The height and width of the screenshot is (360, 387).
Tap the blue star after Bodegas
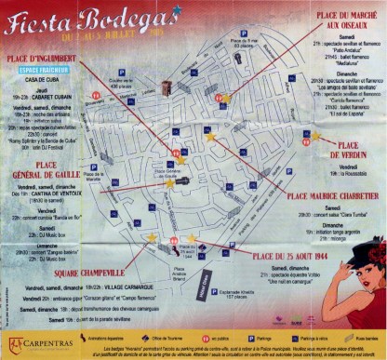click(175, 12)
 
